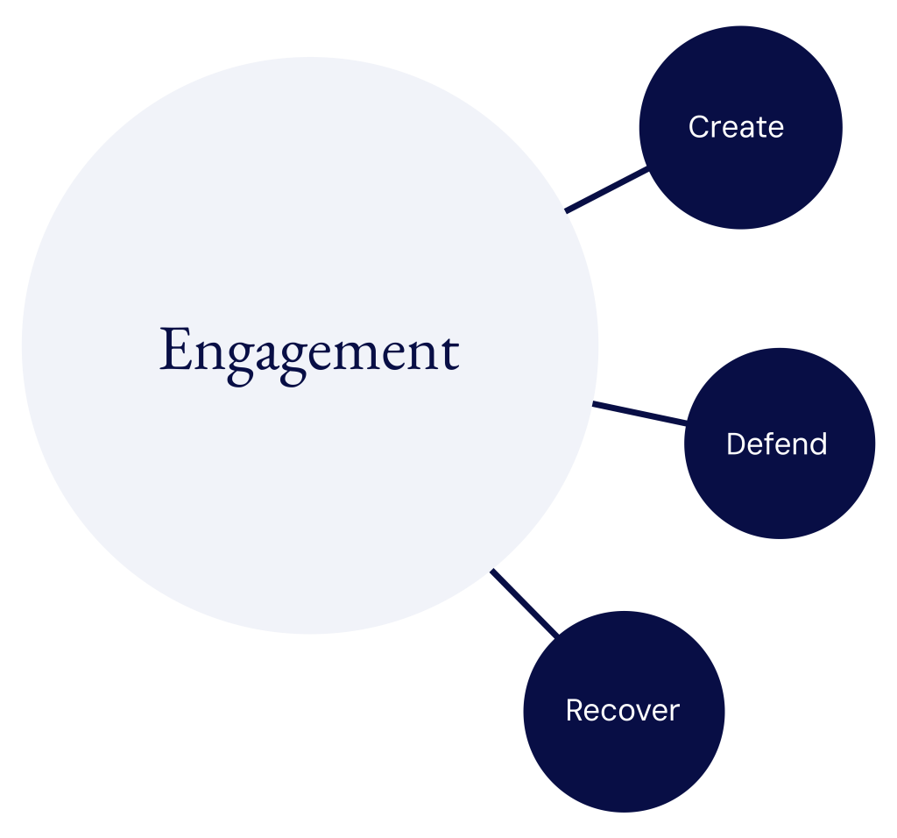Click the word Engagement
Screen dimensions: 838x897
pyautogui.click(x=309, y=351)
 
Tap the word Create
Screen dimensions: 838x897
pyautogui.click(x=736, y=127)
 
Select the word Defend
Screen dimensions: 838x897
pyautogui.click(x=776, y=444)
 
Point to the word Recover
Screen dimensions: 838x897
pyautogui.click(x=622, y=710)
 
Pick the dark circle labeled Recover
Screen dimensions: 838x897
pyautogui.click(x=624, y=763)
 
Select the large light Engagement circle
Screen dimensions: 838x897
pyautogui.click(x=309, y=491)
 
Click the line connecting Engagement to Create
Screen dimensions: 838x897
pyautogui.click(x=607, y=190)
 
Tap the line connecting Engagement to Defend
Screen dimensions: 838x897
pyautogui.click(x=639, y=414)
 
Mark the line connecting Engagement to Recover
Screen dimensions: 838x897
pyautogui.click(x=525, y=602)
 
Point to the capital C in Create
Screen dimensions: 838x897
pyautogui.click(x=698, y=127)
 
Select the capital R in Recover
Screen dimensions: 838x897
pyautogui.click(x=575, y=710)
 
